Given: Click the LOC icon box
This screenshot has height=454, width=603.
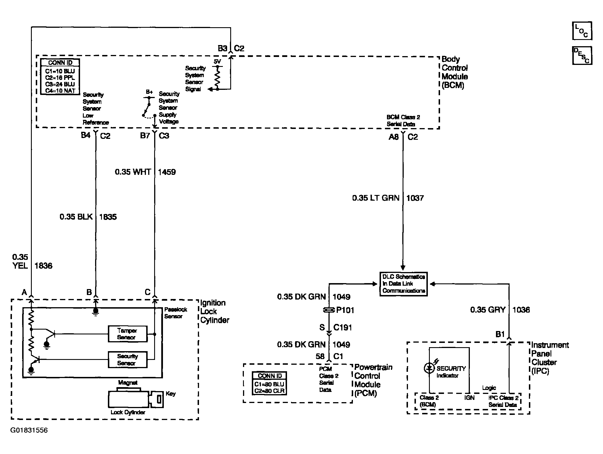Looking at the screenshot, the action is pyautogui.click(x=582, y=31).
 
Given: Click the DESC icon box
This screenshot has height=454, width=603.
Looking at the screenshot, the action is pyautogui.click(x=582, y=56).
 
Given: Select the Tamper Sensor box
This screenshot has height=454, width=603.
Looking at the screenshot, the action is pyautogui.click(x=127, y=334).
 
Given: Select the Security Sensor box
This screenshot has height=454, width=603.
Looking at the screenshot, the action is pyautogui.click(x=127, y=360).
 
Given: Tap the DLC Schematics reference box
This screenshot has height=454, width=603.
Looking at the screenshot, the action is pyautogui.click(x=403, y=284).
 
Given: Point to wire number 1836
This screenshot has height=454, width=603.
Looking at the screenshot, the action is pyautogui.click(x=43, y=266).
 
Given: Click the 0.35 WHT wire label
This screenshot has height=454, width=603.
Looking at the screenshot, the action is pyautogui.click(x=133, y=172).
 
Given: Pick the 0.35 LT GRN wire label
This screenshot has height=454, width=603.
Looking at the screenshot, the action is pyautogui.click(x=376, y=198).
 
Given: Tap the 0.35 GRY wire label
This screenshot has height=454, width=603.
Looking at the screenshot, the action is pyautogui.click(x=488, y=310).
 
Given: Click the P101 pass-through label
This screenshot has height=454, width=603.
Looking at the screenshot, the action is pyautogui.click(x=345, y=310).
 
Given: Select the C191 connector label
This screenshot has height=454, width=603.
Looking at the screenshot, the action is pyautogui.click(x=343, y=328).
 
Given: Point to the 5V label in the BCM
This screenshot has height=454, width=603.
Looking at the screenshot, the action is pyautogui.click(x=217, y=61).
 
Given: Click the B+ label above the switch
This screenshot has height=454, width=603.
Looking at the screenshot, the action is pyautogui.click(x=149, y=92).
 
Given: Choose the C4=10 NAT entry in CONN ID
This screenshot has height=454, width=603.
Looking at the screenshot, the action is pyautogui.click(x=60, y=91).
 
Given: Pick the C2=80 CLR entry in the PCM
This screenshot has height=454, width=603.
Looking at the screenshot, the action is pyautogui.click(x=269, y=391).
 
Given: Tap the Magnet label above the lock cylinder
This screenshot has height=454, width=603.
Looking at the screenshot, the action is pyautogui.click(x=128, y=383).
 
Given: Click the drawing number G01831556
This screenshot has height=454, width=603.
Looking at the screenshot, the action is pyautogui.click(x=29, y=430).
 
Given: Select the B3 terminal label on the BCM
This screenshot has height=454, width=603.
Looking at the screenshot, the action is pyautogui.click(x=223, y=48).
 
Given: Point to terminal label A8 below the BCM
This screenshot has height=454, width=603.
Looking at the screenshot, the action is pyautogui.click(x=394, y=137).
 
